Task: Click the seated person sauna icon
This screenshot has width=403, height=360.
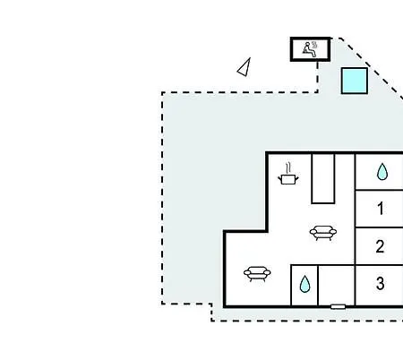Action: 310,49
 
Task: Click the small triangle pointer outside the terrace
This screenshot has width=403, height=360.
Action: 244,67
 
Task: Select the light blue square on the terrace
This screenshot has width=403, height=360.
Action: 355,81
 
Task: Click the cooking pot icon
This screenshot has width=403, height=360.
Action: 288,179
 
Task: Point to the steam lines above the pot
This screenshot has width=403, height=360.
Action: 288,168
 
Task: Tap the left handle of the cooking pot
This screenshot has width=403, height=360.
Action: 279,178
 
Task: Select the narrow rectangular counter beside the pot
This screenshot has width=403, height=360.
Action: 323,178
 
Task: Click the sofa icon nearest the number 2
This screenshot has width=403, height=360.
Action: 323,233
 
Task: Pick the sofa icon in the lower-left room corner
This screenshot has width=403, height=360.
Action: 257,274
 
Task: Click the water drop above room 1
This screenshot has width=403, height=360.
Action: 382,172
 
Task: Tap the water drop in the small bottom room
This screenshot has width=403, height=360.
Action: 304,284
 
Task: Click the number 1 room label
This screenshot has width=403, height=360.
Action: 381,209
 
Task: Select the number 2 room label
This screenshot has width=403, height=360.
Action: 380,246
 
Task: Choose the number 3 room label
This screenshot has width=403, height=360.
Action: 380,283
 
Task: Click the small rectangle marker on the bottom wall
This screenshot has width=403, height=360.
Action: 339,306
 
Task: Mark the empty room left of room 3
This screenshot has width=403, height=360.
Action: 337,285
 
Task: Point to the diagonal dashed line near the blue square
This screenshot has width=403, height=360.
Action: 371,68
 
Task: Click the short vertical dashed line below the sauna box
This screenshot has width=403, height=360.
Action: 317,76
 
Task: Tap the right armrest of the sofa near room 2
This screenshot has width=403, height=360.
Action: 333,231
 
